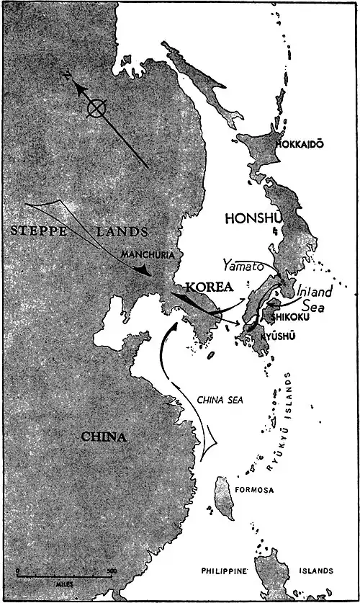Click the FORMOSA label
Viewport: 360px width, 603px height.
254,489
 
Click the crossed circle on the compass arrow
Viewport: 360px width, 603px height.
94,109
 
